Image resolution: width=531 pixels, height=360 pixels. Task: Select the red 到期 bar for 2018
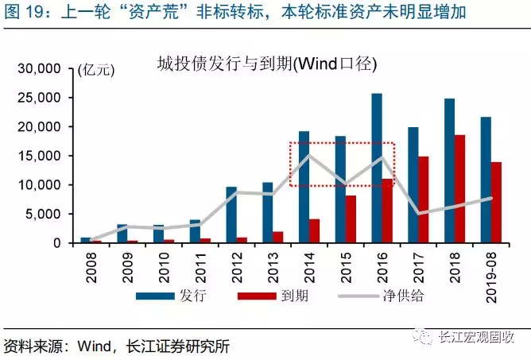point(459,188)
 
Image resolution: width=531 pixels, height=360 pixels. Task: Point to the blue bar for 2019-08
point(485,180)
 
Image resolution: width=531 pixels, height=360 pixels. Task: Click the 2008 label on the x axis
point(87,265)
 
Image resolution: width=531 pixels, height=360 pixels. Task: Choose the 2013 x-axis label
point(268,265)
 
